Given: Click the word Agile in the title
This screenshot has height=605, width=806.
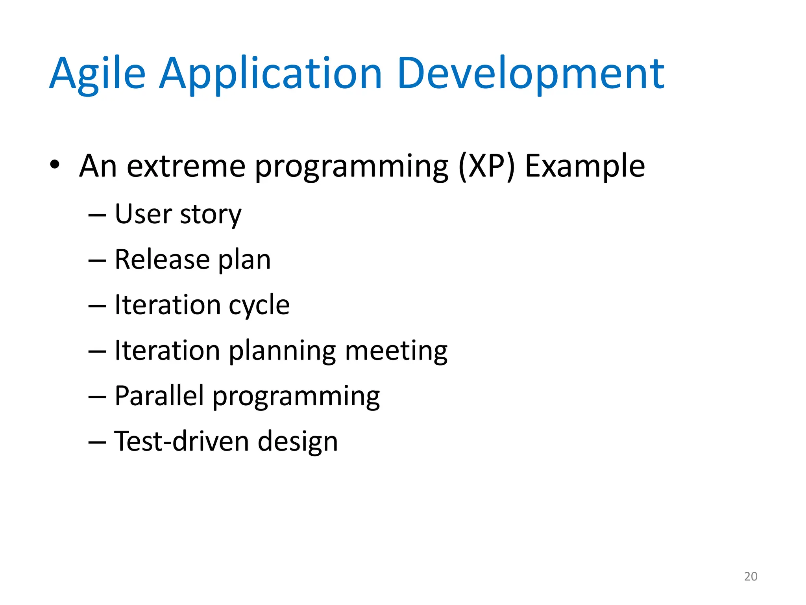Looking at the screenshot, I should click(x=97, y=74).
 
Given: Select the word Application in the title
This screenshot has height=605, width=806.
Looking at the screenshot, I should click(x=270, y=74).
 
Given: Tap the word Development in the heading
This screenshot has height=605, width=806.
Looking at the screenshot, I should click(x=531, y=74).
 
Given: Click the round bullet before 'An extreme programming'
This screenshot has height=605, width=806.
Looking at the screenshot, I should click(x=55, y=165).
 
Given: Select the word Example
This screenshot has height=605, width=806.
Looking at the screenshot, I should click(x=585, y=166).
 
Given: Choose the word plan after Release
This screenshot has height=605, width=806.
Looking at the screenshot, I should click(x=244, y=261).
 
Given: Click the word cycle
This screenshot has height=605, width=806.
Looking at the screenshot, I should click(x=259, y=306).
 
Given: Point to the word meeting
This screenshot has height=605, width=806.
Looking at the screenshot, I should click(x=396, y=351).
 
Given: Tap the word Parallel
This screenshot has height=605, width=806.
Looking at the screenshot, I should click(x=159, y=396).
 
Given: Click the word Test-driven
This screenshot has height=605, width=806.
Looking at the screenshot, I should click(x=181, y=441).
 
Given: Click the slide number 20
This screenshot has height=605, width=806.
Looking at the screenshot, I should click(x=751, y=576).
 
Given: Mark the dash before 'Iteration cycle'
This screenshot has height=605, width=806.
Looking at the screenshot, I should click(x=97, y=306).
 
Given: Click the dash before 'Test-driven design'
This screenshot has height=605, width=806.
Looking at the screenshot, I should click(x=97, y=442).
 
